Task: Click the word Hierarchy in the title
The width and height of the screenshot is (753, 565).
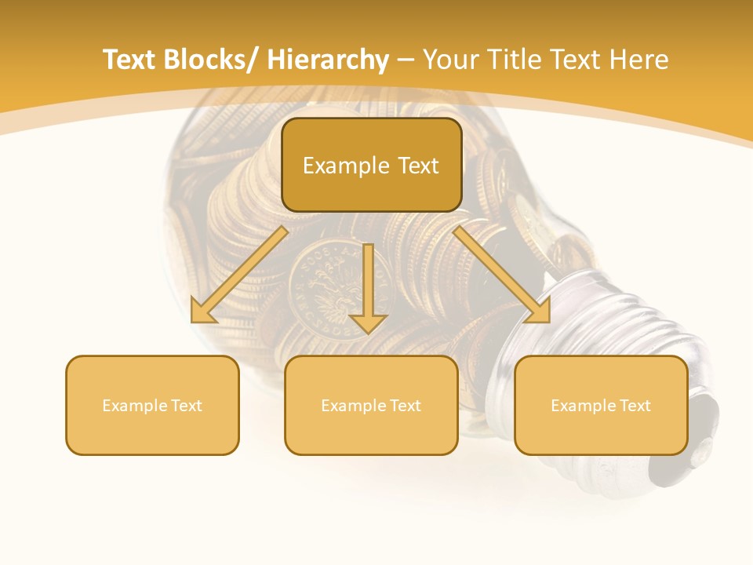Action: (327, 60)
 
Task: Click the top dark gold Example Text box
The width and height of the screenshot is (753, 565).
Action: (371, 165)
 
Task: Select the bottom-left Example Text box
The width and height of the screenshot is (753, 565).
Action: (152, 405)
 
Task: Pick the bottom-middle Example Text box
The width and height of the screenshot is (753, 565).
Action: (371, 405)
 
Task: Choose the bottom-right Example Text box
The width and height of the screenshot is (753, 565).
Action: (601, 405)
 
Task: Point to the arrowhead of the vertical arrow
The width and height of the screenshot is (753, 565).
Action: (368, 323)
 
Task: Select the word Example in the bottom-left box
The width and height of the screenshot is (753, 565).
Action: (134, 406)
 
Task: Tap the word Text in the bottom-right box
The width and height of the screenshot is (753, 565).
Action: (635, 406)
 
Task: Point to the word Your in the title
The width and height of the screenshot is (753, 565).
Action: (449, 60)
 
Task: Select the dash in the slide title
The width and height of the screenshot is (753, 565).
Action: (406, 60)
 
